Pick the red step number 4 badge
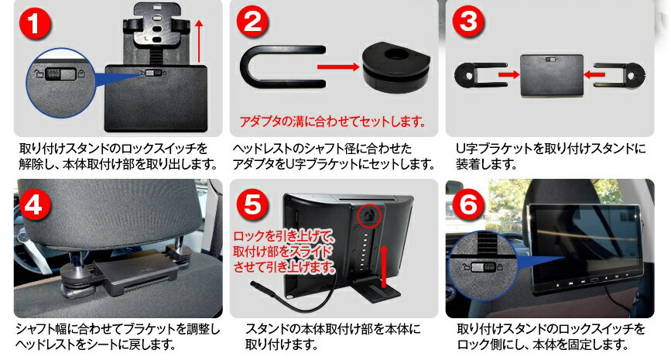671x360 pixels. coord(36,204)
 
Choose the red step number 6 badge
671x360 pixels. coord(467,204)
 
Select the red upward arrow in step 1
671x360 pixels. coord(199,41)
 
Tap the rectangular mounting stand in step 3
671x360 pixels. coord(550,74)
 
